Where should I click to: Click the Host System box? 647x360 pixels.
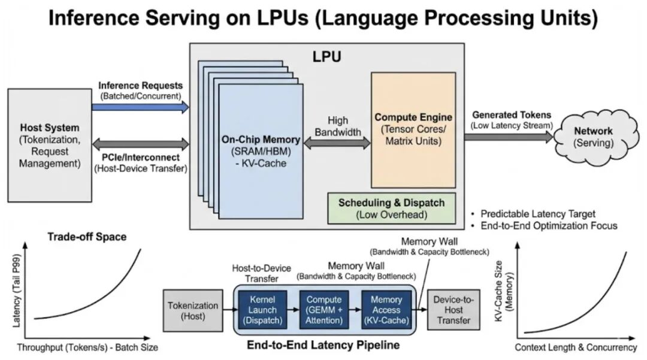[x=50, y=145]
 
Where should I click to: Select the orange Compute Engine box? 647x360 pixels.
[x=413, y=129]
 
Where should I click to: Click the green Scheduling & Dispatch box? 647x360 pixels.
[x=391, y=208]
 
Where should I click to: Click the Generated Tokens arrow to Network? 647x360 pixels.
[x=509, y=137]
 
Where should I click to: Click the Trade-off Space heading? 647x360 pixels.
[x=87, y=237]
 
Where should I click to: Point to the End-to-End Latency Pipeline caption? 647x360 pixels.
[x=323, y=346]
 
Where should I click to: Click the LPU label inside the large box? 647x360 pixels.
[x=327, y=58]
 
